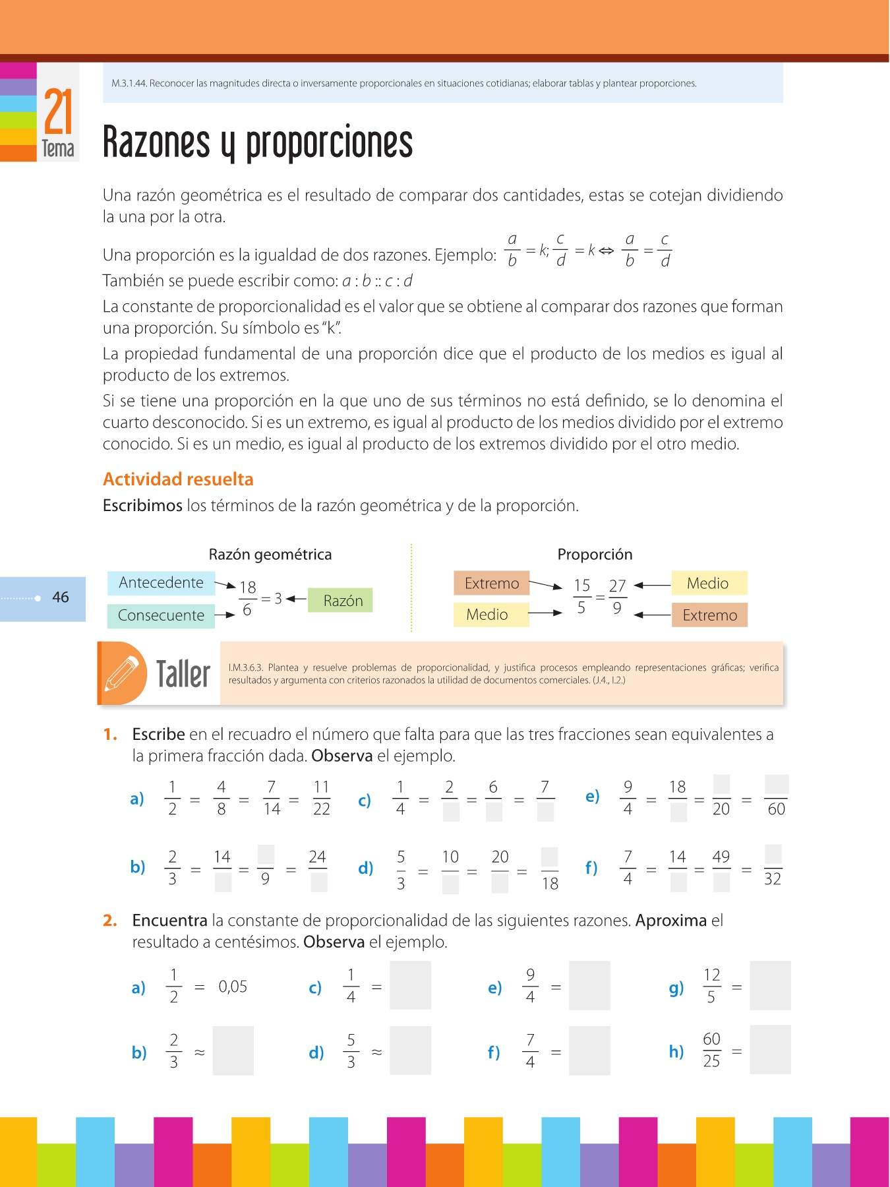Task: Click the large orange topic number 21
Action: [58, 112]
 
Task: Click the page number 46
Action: [61, 597]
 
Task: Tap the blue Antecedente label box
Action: [161, 583]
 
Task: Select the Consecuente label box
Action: [161, 615]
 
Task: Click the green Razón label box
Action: [341, 600]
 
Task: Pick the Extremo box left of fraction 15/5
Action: [491, 584]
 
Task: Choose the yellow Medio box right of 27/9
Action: [708, 584]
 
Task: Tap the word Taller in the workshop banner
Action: [183, 674]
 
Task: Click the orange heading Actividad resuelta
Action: [178, 479]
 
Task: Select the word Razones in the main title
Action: [156, 142]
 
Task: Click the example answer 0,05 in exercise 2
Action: [233, 987]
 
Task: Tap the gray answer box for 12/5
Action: [770, 986]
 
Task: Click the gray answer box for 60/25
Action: [770, 1050]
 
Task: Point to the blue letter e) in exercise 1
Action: [592, 797]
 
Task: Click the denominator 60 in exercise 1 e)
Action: [776, 809]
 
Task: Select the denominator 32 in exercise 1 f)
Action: [772, 879]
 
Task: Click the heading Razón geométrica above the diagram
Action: [270, 555]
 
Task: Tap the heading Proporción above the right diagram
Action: [595, 555]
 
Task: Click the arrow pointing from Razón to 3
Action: [297, 599]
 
